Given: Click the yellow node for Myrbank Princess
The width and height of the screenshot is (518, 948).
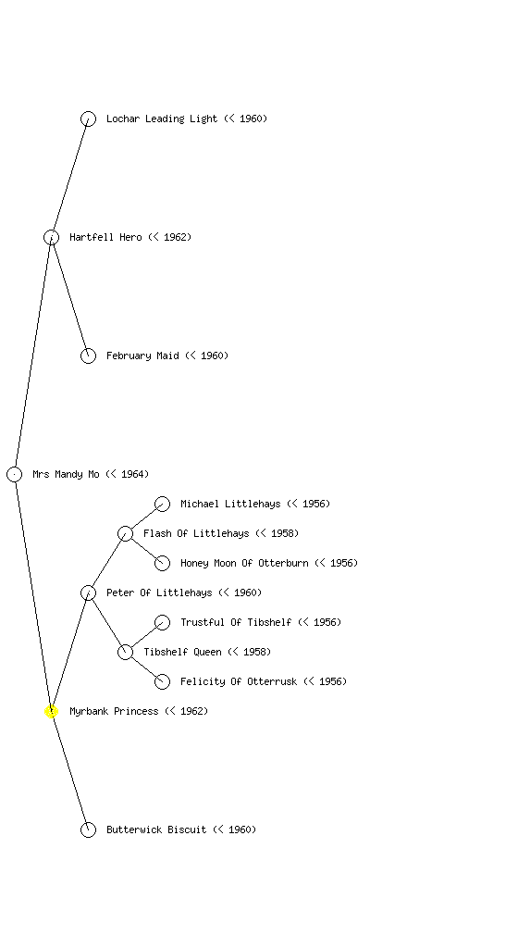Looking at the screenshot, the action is pyautogui.click(x=51, y=712).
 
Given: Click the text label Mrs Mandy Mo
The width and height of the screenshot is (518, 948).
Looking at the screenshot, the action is pyautogui.click(x=66, y=475).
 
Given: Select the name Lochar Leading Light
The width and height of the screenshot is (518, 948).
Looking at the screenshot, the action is pyautogui.click(x=162, y=119).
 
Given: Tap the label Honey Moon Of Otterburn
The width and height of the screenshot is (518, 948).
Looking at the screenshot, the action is pyautogui.click(x=244, y=564).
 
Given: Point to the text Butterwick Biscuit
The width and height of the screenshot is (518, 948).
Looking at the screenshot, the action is pyautogui.click(x=156, y=830).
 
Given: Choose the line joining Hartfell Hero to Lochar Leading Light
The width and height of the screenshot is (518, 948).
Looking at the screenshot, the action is pyautogui.click(x=70, y=179).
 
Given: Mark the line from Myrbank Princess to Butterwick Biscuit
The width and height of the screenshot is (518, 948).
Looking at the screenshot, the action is pyautogui.click(x=70, y=771).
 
